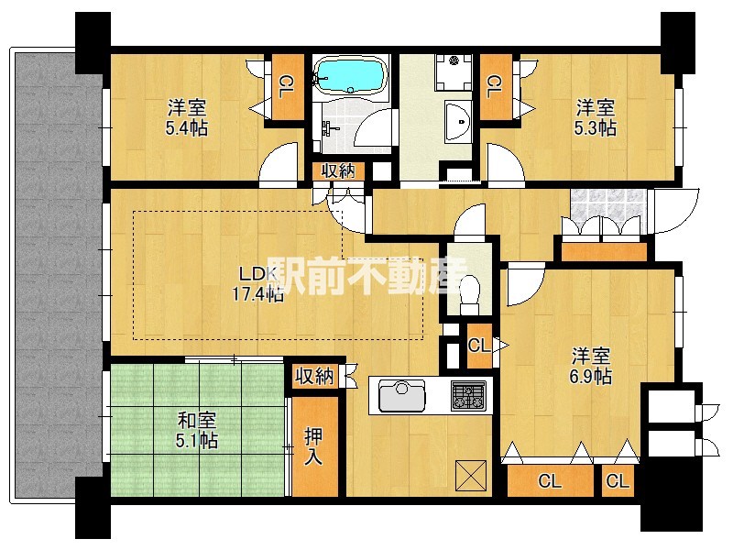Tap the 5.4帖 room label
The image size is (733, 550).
pos(186,116)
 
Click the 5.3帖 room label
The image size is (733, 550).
pos(595,116)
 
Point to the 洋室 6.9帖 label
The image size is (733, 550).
pos(592,366)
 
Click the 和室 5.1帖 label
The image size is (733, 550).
pos(196,430)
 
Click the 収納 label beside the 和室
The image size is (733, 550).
pos(314,376)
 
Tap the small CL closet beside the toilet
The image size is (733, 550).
pos(477,346)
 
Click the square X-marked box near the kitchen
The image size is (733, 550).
pos(470,474)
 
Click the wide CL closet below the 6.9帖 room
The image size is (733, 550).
pos(549,480)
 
